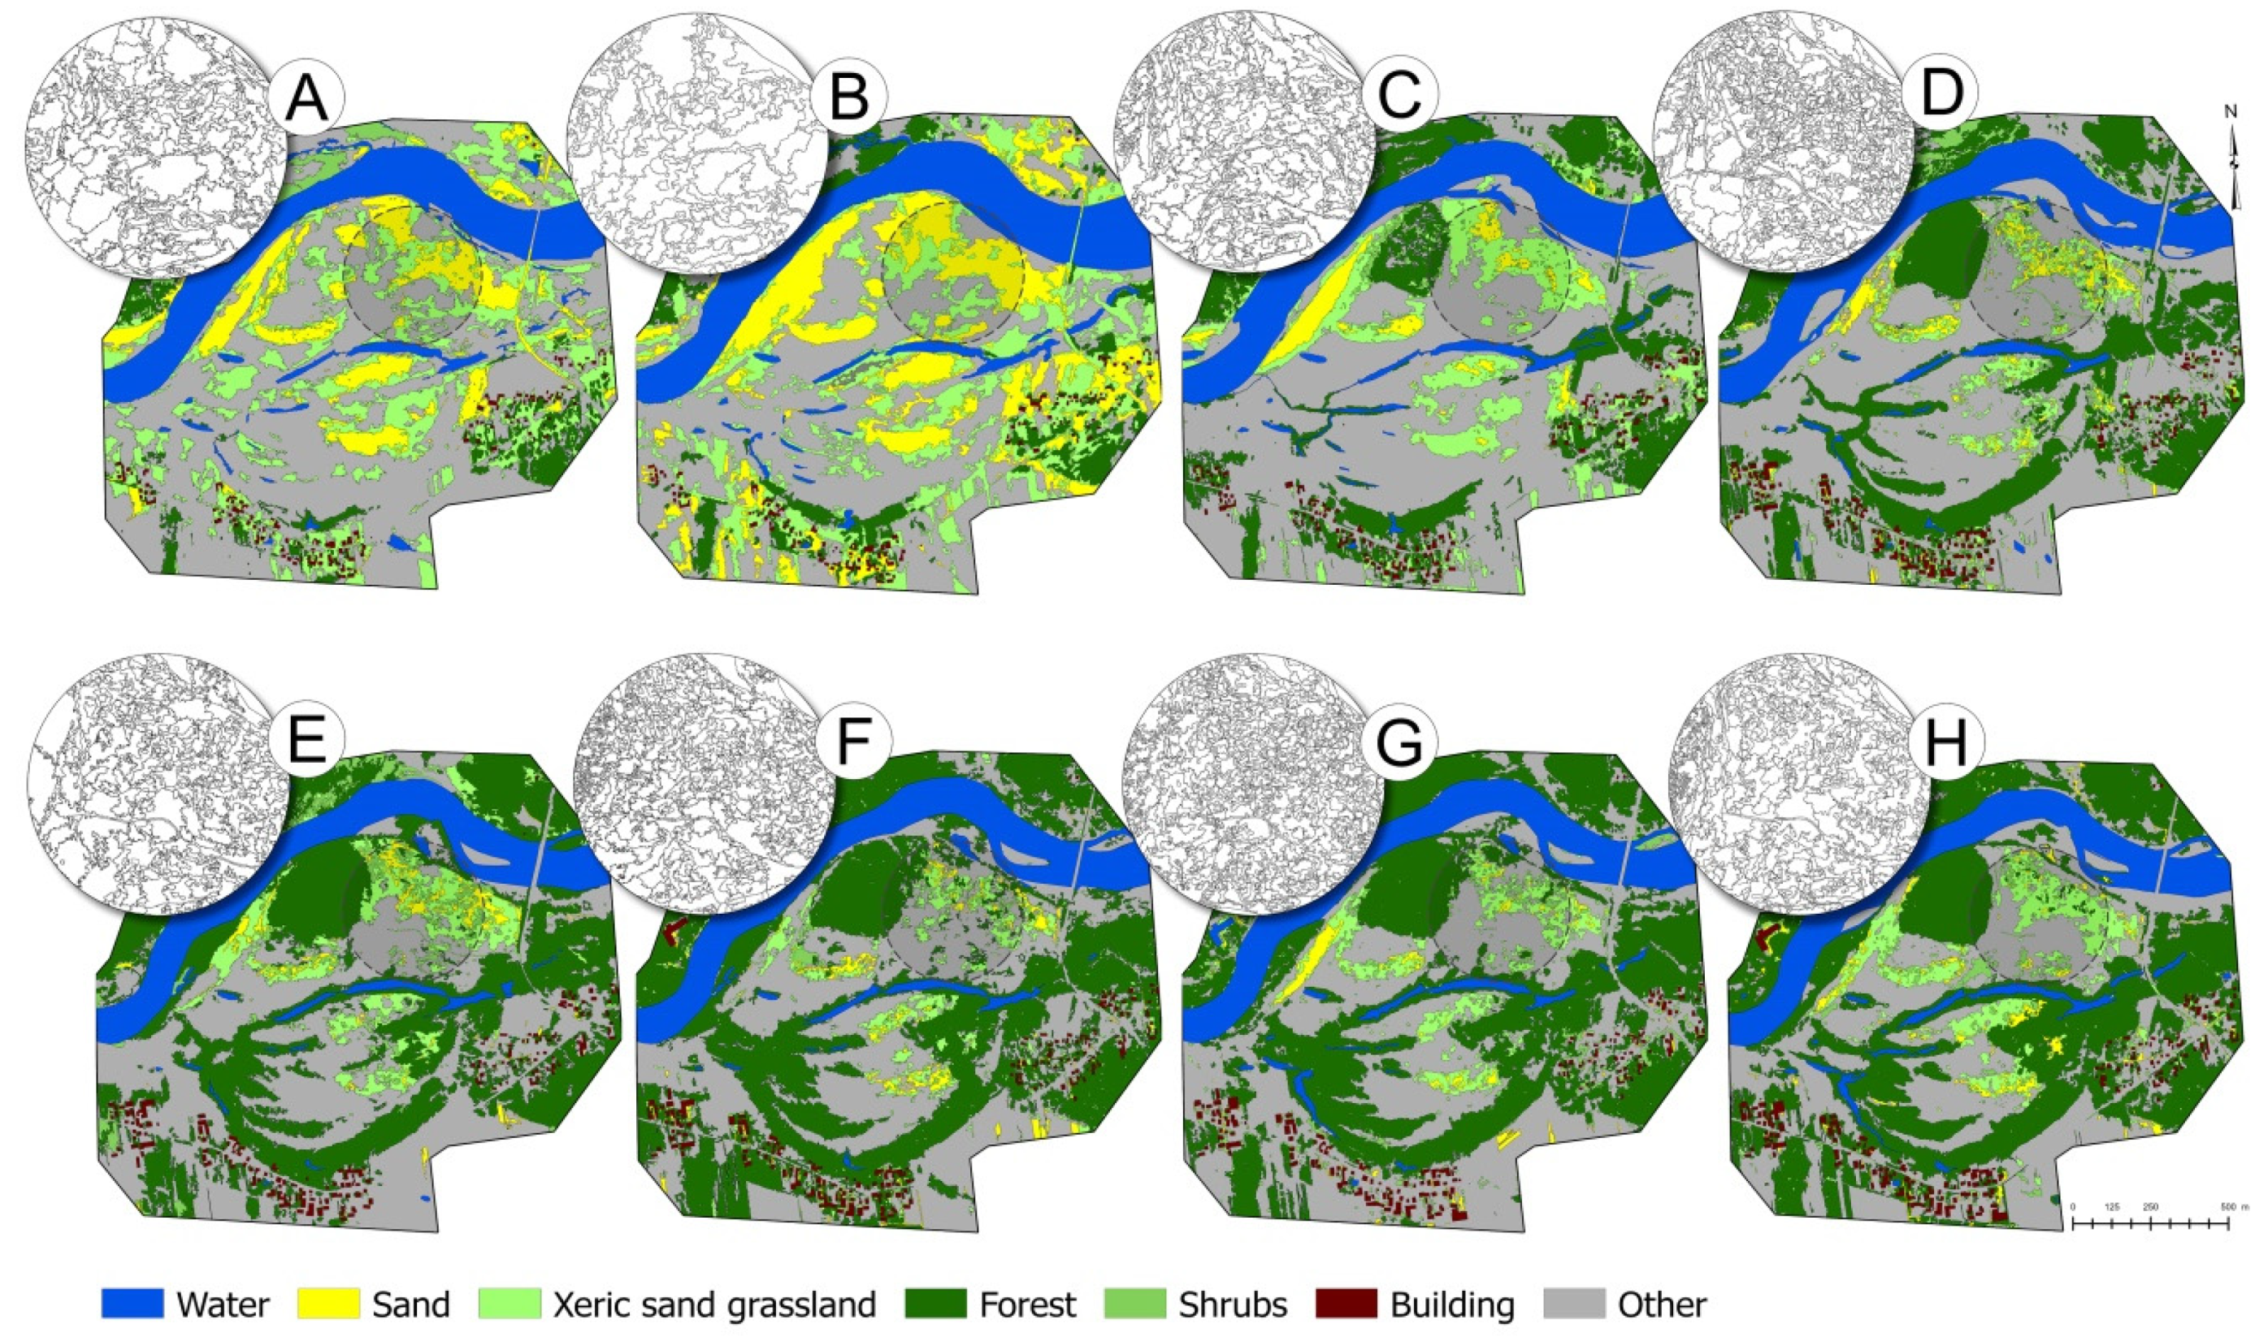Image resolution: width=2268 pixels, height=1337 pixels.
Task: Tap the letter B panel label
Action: click(x=849, y=97)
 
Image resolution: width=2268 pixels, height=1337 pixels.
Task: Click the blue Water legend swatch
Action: click(x=132, y=1304)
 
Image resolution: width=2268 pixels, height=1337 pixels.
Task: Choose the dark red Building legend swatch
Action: click(x=1346, y=1304)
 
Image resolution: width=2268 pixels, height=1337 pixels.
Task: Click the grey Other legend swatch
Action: click(x=1575, y=1304)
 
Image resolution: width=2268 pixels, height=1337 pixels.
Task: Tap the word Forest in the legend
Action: click(x=1028, y=1305)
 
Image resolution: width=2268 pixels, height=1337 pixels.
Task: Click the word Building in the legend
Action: click(x=1451, y=1305)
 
